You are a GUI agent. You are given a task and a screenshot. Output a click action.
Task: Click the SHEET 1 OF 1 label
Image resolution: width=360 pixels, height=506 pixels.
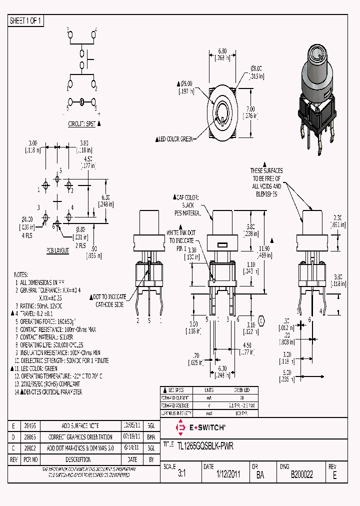click(x=26, y=20)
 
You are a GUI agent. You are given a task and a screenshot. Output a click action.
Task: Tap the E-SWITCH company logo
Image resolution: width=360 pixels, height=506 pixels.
click(x=200, y=427)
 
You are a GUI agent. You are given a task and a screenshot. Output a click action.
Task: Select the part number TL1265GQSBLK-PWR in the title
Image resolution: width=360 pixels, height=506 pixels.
click(x=205, y=445)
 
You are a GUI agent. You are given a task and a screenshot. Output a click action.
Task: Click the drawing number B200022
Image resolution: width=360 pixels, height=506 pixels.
click(x=301, y=475)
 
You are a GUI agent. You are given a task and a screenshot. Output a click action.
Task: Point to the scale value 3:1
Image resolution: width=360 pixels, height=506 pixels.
click(x=181, y=475)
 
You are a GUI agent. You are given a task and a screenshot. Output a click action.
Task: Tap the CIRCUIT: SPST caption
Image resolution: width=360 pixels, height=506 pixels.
click(x=81, y=123)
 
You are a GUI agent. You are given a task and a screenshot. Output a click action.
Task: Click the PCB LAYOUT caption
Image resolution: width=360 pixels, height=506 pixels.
click(x=58, y=249)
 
